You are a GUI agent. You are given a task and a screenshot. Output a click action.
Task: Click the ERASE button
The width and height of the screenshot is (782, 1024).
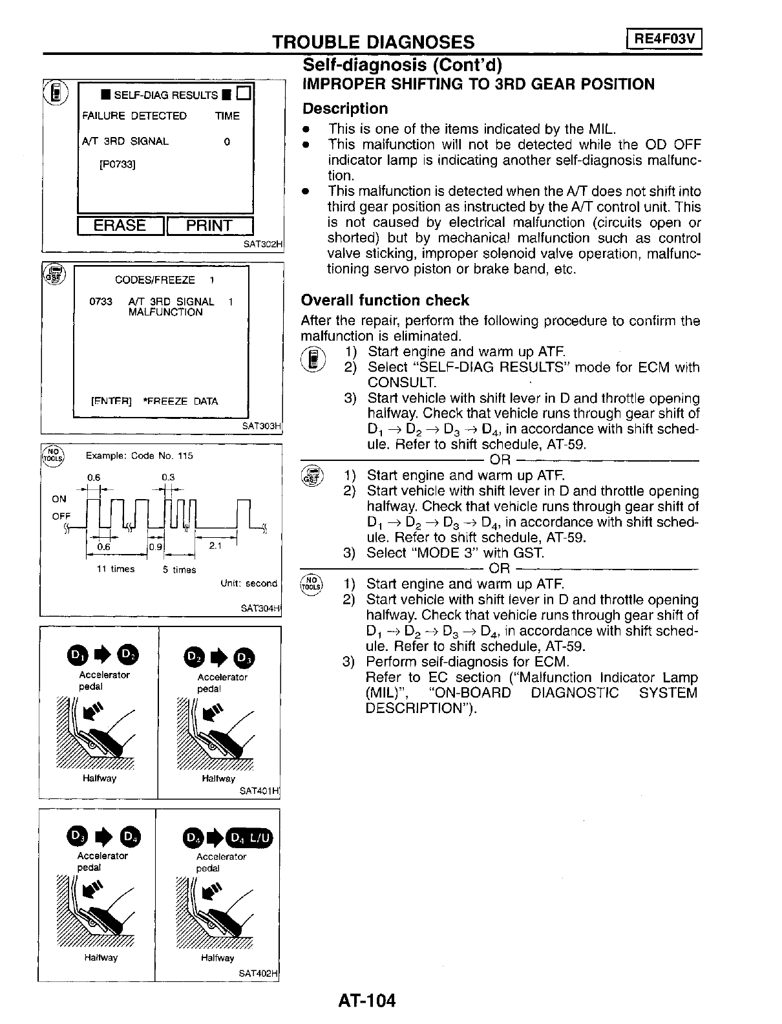pyautogui.click(x=120, y=226)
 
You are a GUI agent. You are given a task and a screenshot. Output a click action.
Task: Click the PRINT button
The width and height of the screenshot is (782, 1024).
pyautogui.click(x=209, y=226)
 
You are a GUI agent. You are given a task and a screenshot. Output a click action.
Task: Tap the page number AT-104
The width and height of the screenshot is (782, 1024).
pyautogui.click(x=366, y=1001)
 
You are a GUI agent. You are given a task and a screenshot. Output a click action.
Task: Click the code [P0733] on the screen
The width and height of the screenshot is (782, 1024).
pyautogui.click(x=117, y=164)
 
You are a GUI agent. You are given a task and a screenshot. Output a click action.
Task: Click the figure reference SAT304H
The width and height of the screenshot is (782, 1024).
pyautogui.click(x=261, y=608)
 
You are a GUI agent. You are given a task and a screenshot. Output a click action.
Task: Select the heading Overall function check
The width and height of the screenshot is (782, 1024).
pyautogui.click(x=385, y=300)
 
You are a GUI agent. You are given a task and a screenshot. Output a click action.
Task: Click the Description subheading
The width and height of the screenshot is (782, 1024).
pyautogui.click(x=346, y=109)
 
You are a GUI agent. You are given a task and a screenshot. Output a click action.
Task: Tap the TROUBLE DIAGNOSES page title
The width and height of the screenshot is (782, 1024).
pyautogui.click(x=374, y=42)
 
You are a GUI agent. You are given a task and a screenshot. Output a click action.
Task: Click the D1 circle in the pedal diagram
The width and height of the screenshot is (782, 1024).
pyautogui.click(x=76, y=657)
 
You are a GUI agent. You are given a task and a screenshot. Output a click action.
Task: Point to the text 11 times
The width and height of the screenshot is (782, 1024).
pyautogui.click(x=115, y=569)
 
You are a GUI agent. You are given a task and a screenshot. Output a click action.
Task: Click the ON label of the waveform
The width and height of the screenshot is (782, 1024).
pyautogui.click(x=59, y=499)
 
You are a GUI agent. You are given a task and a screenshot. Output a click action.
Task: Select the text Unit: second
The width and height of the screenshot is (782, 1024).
pyautogui.click(x=249, y=583)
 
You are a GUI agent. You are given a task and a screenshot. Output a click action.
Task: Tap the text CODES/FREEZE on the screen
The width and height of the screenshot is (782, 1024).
pyautogui.click(x=154, y=280)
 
